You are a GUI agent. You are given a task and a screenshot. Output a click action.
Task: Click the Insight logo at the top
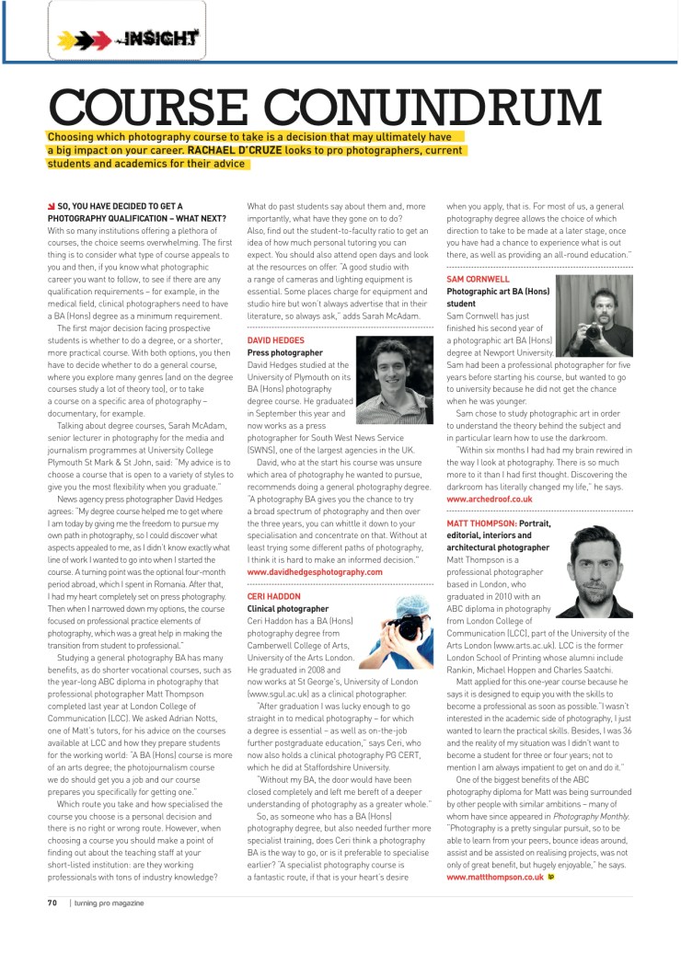point(128,39)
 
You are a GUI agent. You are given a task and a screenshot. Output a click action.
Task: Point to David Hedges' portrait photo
point(394,380)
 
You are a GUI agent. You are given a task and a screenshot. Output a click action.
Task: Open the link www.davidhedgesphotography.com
point(315,571)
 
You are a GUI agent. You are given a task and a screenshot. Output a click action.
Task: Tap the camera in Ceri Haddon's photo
point(405,627)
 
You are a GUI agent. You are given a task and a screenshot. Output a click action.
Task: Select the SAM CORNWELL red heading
point(478,279)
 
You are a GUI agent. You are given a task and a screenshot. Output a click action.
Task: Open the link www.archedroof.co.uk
point(489,498)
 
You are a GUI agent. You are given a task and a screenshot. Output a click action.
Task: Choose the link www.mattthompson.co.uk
point(495,877)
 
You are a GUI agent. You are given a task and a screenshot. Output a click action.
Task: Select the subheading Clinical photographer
point(288,608)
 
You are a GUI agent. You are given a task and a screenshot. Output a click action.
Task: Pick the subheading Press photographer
point(285,352)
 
